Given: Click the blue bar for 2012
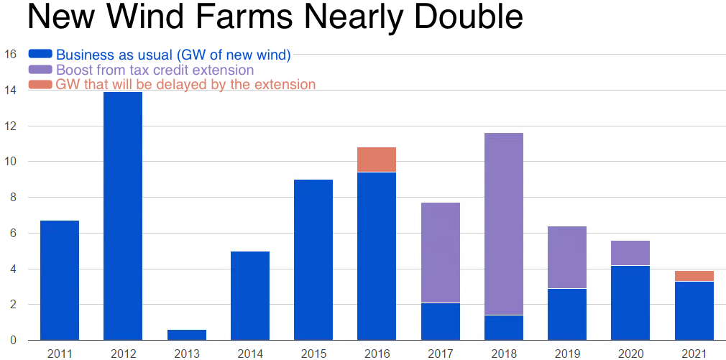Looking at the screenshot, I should (123, 216).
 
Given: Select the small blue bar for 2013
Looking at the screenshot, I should (186, 335).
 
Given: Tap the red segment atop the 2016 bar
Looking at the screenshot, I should (377, 160).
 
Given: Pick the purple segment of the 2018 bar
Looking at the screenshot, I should (503, 223).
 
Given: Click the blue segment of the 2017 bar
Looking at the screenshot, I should (440, 321).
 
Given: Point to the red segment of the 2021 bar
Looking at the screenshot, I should (694, 276).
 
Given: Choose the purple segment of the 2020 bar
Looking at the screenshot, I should (630, 253).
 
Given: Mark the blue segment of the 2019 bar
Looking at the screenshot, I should (567, 314).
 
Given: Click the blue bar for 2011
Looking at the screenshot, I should (60, 280).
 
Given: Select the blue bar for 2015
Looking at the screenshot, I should (313, 259).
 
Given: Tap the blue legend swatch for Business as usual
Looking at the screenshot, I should (40, 54).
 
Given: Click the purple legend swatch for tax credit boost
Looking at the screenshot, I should (40, 70).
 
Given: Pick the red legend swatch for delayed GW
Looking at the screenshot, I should (40, 84).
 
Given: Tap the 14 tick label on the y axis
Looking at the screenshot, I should (10, 91).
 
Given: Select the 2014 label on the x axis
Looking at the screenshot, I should (249, 353).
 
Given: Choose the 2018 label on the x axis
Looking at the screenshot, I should (503, 353).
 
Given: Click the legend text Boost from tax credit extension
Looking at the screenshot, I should (155, 70).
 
